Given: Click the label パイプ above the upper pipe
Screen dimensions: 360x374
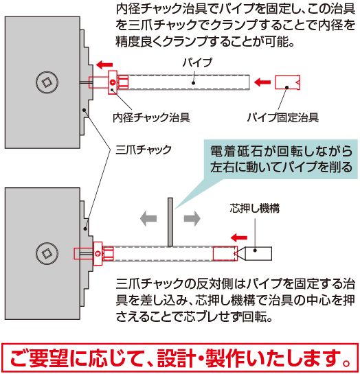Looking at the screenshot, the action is click(x=197, y=62).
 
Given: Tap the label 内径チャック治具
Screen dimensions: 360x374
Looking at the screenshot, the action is click(x=151, y=117).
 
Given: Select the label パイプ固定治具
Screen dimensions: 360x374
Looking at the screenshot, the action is click(x=283, y=117).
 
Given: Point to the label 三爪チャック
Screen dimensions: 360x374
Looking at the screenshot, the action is click(x=144, y=150).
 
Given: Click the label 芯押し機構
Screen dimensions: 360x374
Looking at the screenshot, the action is click(x=254, y=208).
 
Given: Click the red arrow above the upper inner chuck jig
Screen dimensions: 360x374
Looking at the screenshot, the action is click(x=104, y=65).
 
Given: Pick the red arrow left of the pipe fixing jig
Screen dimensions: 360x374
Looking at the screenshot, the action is click(x=262, y=82).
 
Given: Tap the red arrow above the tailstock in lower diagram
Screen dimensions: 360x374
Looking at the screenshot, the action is click(x=239, y=237).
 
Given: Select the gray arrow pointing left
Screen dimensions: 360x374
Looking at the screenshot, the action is click(x=148, y=218).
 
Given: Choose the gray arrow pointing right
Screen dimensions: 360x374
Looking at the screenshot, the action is click(x=192, y=218).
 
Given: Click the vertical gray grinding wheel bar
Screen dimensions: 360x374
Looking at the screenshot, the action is click(x=170, y=222).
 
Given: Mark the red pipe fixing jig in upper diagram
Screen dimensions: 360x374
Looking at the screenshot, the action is click(x=287, y=82).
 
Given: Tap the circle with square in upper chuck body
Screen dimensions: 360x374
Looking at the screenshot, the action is click(x=47, y=82).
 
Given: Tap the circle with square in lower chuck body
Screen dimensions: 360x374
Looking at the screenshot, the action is click(x=47, y=253).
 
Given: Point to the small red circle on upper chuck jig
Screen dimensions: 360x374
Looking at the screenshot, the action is click(x=113, y=82).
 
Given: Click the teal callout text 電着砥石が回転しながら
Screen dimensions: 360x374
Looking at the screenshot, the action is click(x=281, y=151).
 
